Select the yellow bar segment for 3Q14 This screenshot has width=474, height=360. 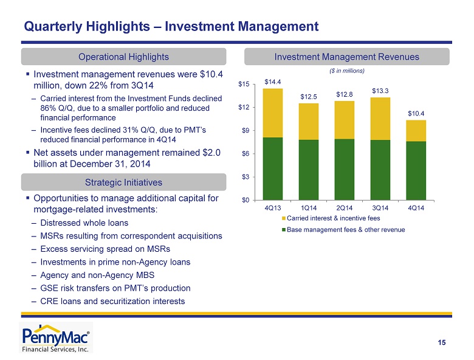[x=380, y=119]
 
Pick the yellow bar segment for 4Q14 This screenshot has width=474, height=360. [x=416, y=130]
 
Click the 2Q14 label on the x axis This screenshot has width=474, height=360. [x=345, y=208]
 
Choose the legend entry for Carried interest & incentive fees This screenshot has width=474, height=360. [x=332, y=218]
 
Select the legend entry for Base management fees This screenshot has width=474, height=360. [x=344, y=229]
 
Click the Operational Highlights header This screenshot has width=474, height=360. [x=124, y=57]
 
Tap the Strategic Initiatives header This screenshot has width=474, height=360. [x=124, y=182]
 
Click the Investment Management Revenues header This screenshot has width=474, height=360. [x=347, y=57]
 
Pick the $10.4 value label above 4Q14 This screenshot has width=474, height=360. [x=416, y=113]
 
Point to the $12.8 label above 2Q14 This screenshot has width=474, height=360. [x=345, y=94]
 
